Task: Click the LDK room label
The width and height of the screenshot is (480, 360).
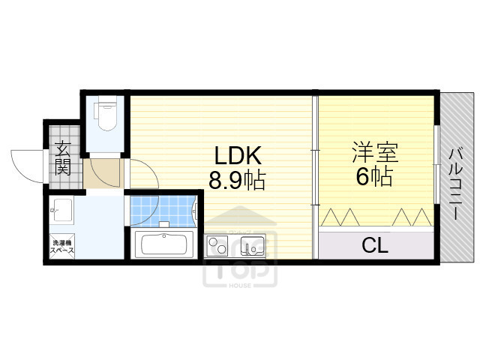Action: (238, 155)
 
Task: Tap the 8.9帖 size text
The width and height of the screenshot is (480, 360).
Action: (238, 180)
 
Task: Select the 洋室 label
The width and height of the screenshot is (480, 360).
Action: (374, 153)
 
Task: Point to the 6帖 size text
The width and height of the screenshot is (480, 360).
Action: (374, 178)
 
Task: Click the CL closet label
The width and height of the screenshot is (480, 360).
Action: (375, 245)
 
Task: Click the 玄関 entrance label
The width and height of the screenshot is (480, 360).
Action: (62, 157)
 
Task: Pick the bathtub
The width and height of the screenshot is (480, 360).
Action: (166, 245)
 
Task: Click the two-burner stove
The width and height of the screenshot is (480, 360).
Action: (217, 245)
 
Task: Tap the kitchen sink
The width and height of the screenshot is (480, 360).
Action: (252, 245)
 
